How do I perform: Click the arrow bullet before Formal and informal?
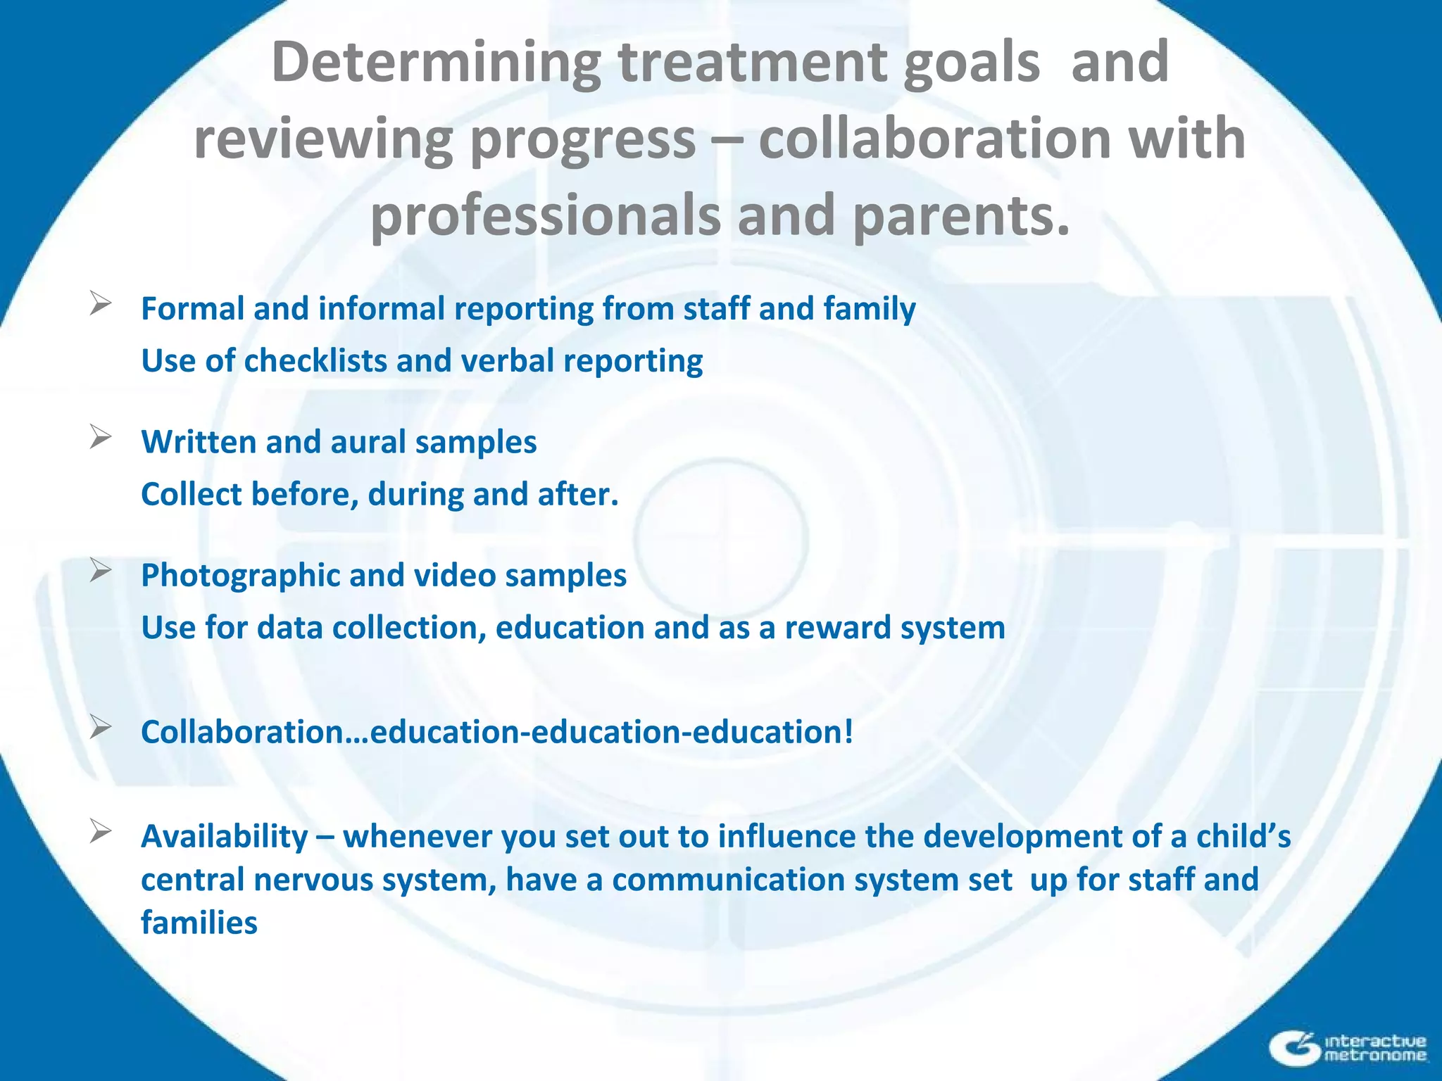(x=101, y=304)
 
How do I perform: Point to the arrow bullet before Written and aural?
(x=101, y=437)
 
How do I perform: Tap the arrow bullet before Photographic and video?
(x=101, y=570)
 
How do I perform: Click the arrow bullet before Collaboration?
(x=101, y=727)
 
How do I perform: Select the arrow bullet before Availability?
(x=101, y=832)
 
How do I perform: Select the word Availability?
(x=225, y=837)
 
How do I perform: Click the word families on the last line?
(x=199, y=923)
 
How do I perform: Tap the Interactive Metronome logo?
(x=1348, y=1048)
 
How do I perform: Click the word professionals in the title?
(x=546, y=215)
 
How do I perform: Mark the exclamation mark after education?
(x=848, y=732)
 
